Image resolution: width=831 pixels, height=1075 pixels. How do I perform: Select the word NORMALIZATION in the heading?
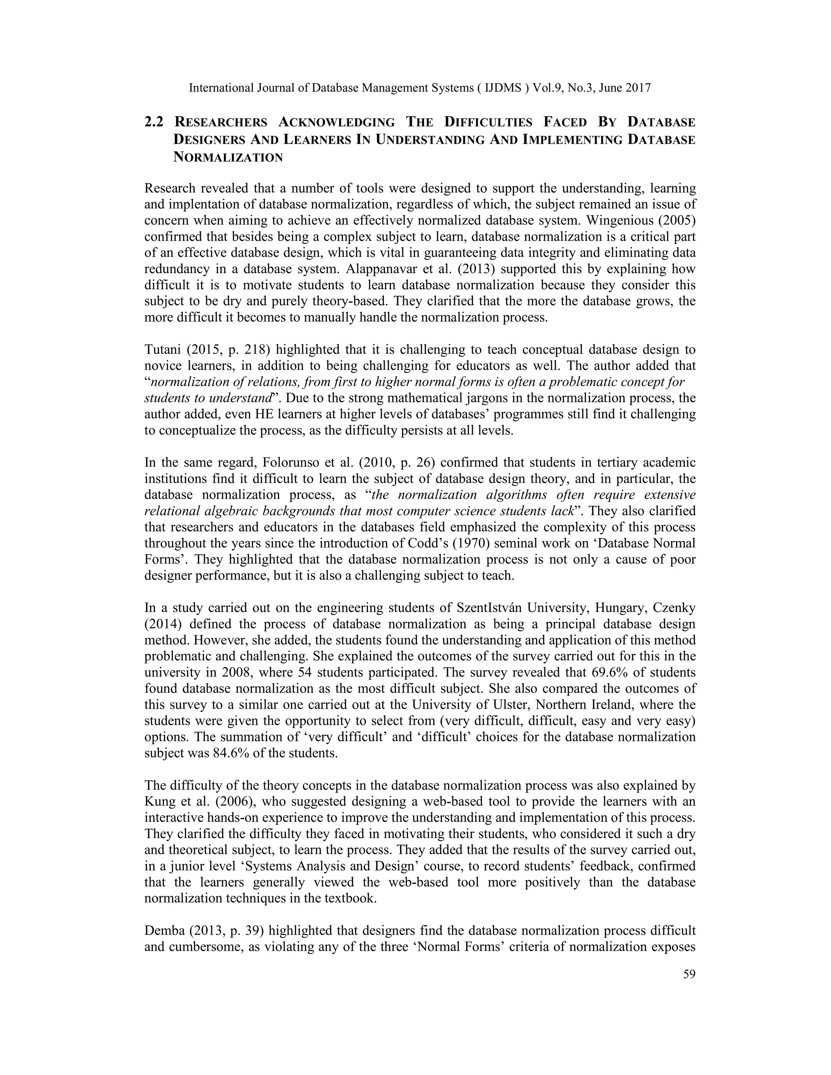coord(228,157)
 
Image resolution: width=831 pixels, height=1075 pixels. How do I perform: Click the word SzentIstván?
coord(489,608)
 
